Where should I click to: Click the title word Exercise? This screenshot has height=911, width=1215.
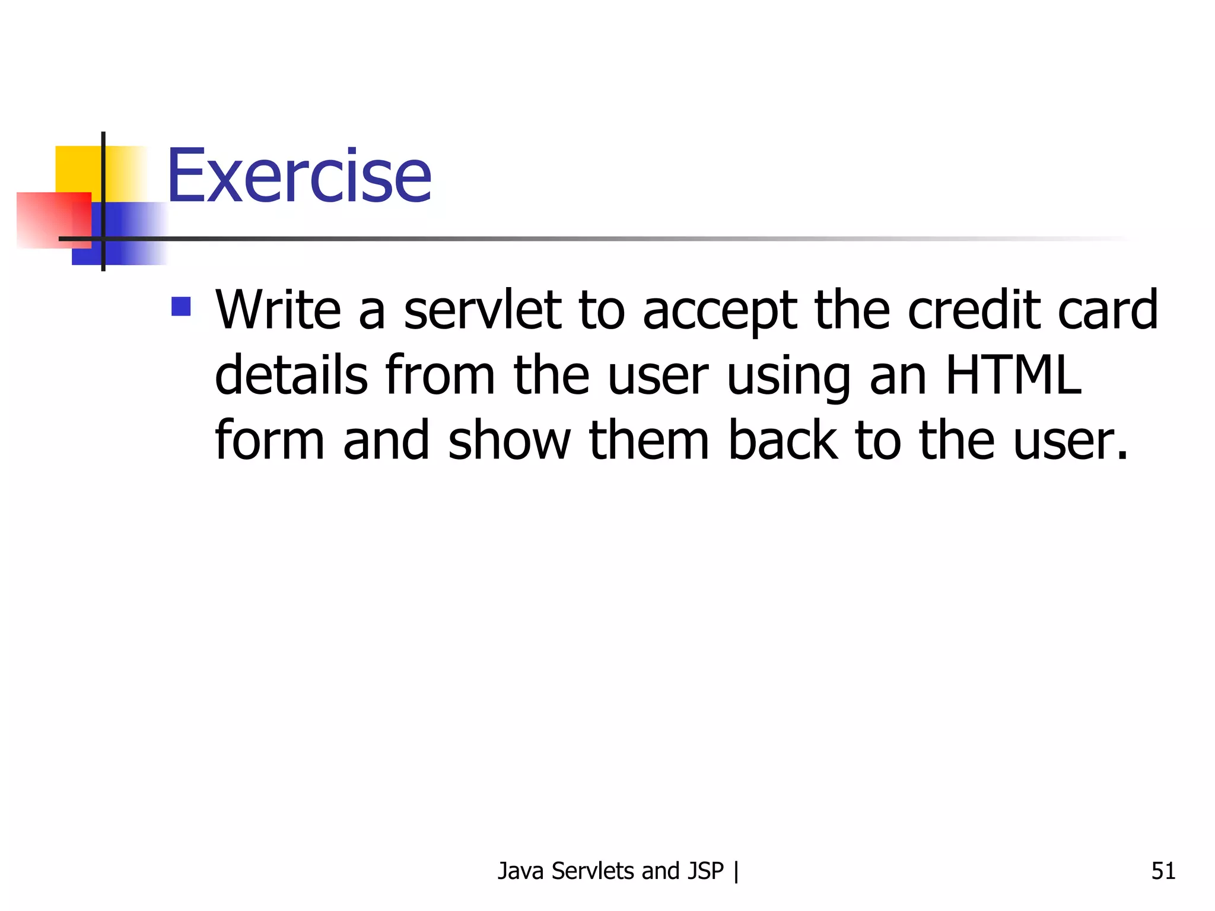click(x=299, y=176)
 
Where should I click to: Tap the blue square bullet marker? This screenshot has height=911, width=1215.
click(x=181, y=306)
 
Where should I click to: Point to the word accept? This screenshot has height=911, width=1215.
click(x=719, y=311)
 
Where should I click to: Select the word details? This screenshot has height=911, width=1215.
click(x=291, y=375)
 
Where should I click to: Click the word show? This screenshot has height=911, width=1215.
click(x=509, y=440)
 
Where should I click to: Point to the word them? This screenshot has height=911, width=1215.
click(x=648, y=440)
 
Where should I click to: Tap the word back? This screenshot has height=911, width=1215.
click(x=783, y=440)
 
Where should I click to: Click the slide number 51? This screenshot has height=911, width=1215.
click(x=1163, y=871)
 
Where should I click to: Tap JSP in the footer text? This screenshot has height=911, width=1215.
click(x=705, y=871)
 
